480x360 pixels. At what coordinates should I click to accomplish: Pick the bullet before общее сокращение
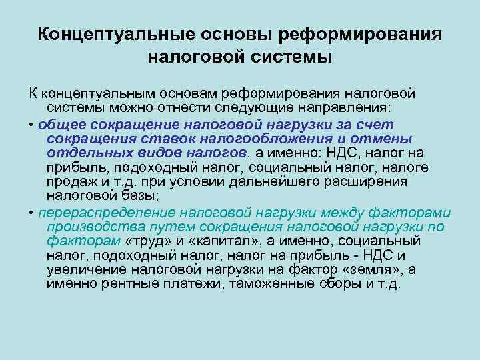pos(31,125)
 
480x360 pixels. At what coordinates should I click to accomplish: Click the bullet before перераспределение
pos(31,213)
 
